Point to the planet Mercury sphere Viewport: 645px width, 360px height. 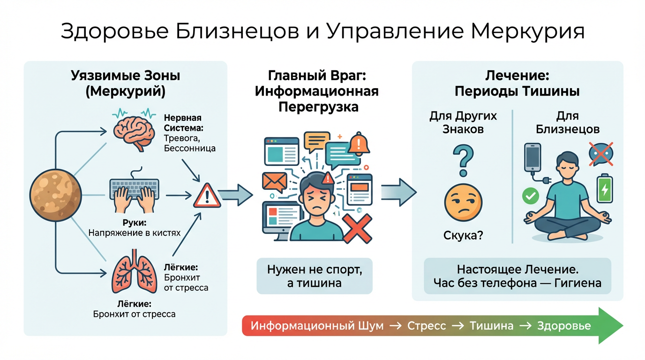pos(56,194)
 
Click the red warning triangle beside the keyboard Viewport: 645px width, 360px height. pos(207,195)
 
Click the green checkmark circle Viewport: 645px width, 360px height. pos(531,196)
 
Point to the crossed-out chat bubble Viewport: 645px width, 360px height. pos(601,154)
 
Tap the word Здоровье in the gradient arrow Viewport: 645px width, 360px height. pos(564,326)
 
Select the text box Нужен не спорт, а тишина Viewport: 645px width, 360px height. pos(315,276)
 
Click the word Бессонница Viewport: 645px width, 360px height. pos(190,148)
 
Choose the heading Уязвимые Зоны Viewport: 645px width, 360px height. pos(126,75)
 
